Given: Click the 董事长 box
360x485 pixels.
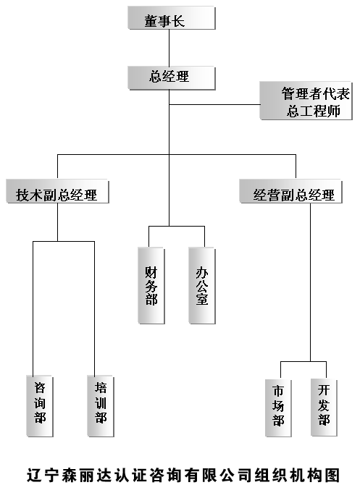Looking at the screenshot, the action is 172,18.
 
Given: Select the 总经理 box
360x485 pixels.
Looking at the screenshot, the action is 172,78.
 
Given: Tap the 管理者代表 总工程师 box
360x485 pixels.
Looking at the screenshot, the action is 306,101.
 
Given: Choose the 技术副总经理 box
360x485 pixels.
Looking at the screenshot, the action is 57,191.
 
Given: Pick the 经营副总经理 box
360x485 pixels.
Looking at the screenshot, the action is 291,191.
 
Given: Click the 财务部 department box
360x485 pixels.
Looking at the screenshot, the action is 151,285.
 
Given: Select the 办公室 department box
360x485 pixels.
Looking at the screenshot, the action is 202,285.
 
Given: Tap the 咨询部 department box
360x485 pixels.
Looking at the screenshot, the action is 40,406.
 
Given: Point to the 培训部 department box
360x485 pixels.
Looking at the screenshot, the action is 101,406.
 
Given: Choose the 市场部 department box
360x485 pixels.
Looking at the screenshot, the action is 278,408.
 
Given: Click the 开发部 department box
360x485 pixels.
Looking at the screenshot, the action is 324,408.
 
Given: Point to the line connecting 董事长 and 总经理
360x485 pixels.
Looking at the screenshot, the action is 169,48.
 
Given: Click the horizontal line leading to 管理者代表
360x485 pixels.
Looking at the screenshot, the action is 214,104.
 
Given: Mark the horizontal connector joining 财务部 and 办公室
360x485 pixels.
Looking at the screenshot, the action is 177,226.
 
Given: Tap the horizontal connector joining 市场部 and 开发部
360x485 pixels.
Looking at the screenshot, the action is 304,361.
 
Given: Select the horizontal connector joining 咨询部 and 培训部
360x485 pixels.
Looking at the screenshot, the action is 64,241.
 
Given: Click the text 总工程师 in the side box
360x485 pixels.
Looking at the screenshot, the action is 314,111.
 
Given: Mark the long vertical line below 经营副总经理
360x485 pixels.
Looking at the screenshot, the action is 311,282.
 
